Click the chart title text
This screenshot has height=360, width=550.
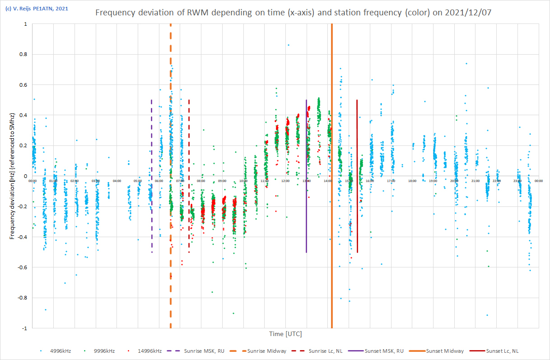(293, 13)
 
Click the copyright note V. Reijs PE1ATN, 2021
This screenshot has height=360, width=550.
(37, 8)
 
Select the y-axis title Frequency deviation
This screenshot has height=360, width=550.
(13, 176)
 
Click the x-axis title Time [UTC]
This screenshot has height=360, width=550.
(285, 334)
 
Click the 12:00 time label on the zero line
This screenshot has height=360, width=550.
(285, 181)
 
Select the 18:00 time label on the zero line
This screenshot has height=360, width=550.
(412, 181)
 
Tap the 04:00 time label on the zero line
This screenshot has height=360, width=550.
(117, 181)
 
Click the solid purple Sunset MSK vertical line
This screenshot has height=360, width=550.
(307, 203)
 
